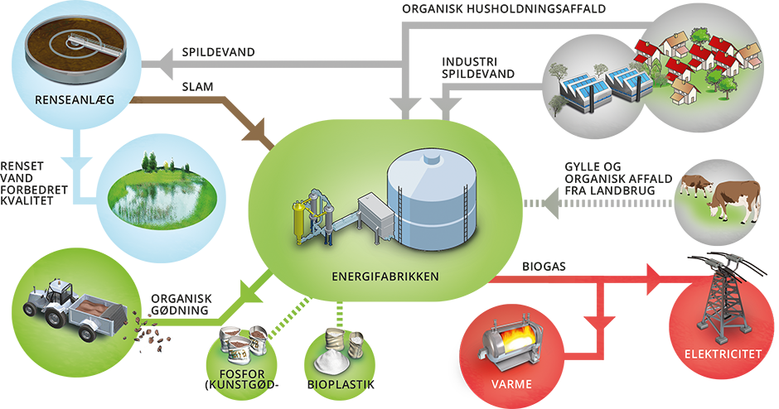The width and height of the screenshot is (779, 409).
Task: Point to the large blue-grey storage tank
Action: pyautogui.click(x=430, y=199)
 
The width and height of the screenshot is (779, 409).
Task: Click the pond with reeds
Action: pyautogui.click(x=162, y=199)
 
